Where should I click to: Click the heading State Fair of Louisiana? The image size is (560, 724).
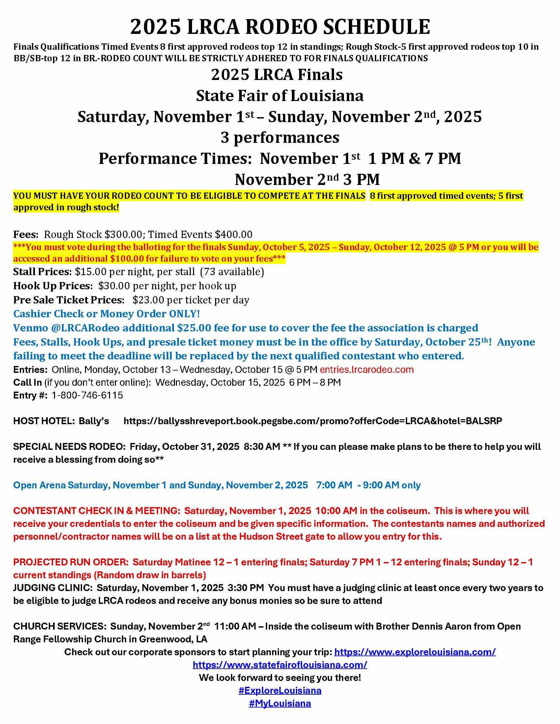pos(280,96)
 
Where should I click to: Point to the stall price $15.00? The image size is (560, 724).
pos(89,272)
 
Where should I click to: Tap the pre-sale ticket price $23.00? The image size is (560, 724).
pos(148,300)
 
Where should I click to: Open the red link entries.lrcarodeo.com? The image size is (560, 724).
pos(367,370)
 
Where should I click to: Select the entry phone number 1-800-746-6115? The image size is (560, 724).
pos(87,395)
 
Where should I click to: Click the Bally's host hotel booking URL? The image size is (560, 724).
pos(313,421)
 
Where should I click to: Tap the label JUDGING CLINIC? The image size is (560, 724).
pos(53,588)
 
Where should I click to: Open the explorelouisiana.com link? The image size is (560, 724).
pos(415,652)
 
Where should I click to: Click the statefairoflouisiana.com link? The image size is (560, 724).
pos(280,665)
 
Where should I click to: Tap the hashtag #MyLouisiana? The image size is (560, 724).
pos(280,704)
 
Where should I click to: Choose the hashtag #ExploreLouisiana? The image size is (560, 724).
pos(280,690)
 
